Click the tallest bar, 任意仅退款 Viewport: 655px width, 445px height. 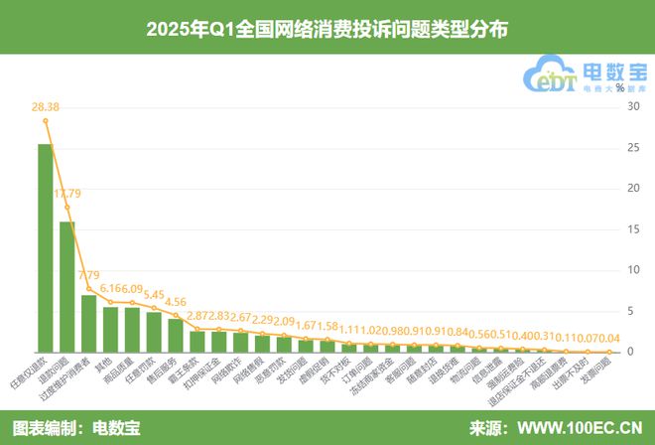(x=46, y=248)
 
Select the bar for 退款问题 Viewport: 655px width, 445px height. (x=67, y=287)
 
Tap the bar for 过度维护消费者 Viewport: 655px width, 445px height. (x=89, y=323)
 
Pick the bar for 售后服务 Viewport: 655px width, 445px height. (x=176, y=335)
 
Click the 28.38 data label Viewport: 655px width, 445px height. (x=46, y=107)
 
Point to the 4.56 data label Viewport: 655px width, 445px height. (x=176, y=302)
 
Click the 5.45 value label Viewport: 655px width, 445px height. (x=154, y=294)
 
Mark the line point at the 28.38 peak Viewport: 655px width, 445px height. (x=46, y=120)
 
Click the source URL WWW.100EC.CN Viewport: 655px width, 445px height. (x=580, y=429)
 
